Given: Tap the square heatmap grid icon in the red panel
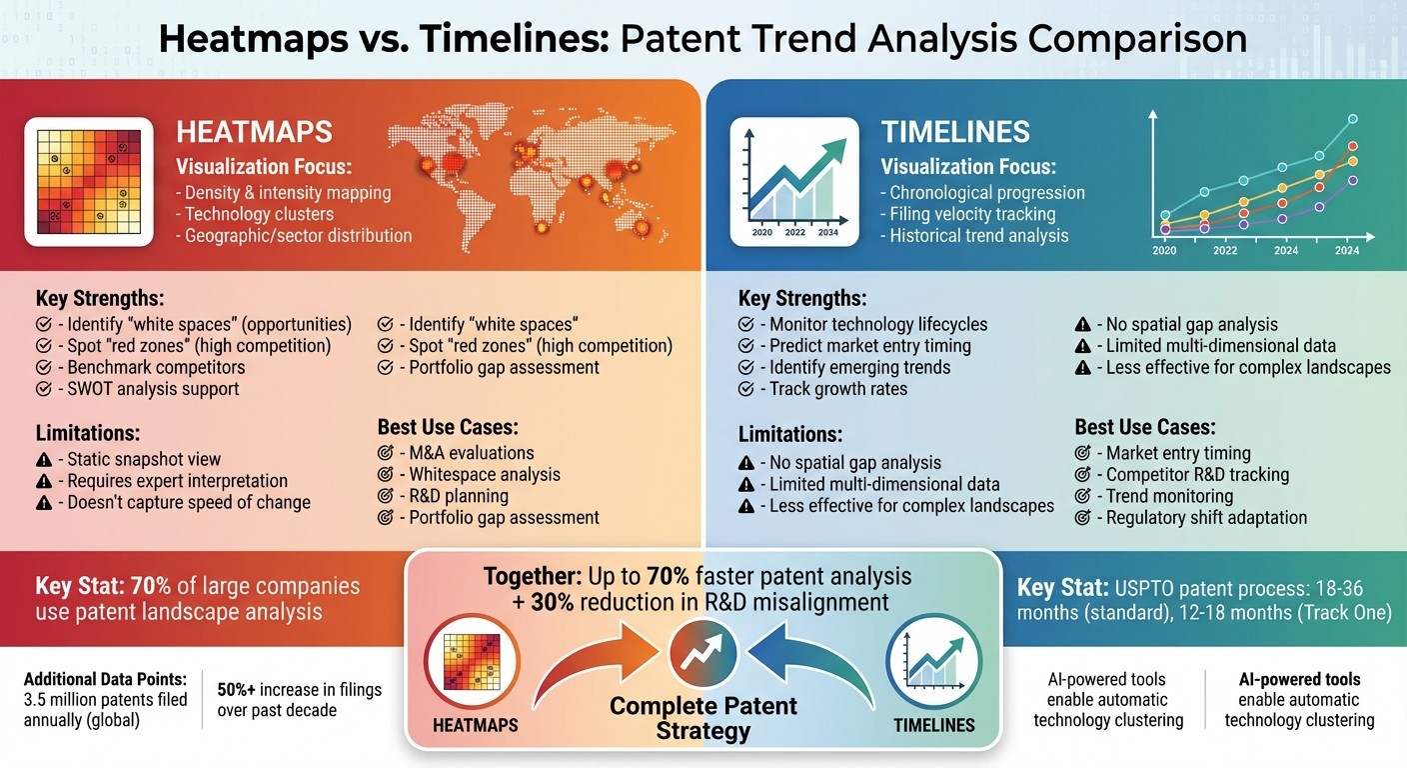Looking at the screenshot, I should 89,182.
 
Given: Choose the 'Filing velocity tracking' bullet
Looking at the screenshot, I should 967,214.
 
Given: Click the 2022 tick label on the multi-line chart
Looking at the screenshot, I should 1225,251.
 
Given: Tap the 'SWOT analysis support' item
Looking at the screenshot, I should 153,388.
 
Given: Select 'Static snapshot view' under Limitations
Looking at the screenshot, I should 144,460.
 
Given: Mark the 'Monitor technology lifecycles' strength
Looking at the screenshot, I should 878,324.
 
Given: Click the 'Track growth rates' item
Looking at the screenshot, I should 838,388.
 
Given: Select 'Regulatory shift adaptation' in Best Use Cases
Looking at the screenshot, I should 1206,517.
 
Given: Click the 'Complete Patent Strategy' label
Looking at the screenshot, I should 703,718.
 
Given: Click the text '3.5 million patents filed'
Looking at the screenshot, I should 105,699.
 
